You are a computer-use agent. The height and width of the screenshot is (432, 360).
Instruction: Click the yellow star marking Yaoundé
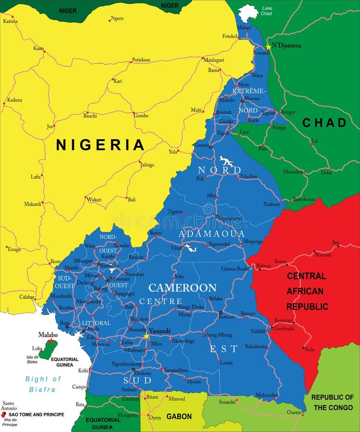(146, 336)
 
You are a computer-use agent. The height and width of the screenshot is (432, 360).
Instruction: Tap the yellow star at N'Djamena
(268, 47)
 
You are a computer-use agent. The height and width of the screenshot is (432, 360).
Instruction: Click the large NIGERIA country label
(100, 144)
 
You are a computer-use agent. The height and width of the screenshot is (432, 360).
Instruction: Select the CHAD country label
(324, 123)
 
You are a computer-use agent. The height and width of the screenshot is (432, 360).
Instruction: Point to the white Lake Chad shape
(248, 12)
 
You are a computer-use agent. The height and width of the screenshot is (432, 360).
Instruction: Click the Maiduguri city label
(214, 60)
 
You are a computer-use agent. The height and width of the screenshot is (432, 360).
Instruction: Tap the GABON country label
(179, 417)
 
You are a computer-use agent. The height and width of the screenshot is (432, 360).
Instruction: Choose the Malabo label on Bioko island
(48, 335)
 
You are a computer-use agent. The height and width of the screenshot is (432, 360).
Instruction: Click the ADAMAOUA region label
(212, 234)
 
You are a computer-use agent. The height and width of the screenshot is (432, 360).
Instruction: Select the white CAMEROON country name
(182, 288)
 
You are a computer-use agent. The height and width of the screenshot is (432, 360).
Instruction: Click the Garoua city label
(202, 144)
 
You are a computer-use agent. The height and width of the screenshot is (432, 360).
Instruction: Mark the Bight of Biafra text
(43, 384)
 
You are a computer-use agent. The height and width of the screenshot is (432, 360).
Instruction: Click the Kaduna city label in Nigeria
(14, 100)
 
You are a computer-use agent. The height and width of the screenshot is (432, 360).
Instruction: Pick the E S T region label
(224, 349)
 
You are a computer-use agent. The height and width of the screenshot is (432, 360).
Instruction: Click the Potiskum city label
(141, 60)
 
